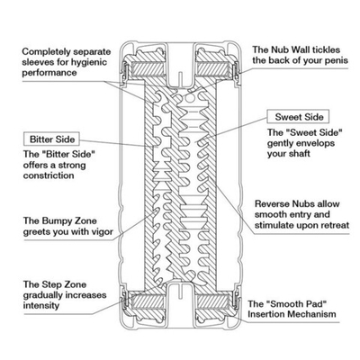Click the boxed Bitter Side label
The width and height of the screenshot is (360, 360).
click(x=51, y=139)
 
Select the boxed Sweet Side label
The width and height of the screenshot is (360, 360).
click(x=299, y=117)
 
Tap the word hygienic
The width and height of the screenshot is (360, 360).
click(x=89, y=62)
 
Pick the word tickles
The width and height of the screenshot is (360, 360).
click(x=326, y=49)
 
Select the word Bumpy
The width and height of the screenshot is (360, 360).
click(x=57, y=221)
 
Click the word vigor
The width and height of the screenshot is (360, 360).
click(x=101, y=232)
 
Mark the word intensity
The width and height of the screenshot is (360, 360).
click(x=41, y=306)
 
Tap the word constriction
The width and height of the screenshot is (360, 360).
click(x=49, y=175)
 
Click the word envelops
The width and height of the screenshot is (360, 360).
click(x=316, y=143)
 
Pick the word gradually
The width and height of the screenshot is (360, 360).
click(x=42, y=295)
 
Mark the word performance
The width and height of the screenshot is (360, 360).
click(x=49, y=73)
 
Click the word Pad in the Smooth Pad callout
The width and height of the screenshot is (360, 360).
click(x=316, y=304)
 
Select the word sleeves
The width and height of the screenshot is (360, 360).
click(x=38, y=62)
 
